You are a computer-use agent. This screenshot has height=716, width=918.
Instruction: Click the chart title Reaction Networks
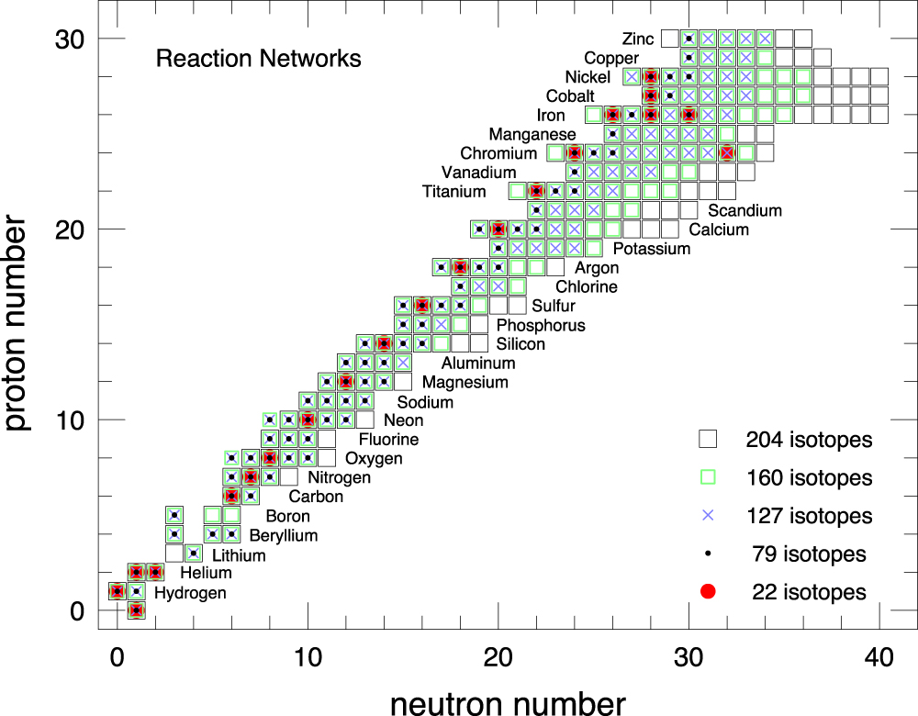[x=258, y=59]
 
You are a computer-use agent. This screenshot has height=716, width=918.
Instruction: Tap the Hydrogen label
[x=189, y=593]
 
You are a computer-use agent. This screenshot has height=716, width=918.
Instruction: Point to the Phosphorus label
[x=540, y=325]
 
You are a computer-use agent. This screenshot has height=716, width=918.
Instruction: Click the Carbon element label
[x=316, y=497]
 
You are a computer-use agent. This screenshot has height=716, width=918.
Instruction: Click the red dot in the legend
[x=707, y=592]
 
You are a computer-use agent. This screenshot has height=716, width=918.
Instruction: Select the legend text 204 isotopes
[x=809, y=440]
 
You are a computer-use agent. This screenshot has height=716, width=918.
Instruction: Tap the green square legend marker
[x=707, y=477]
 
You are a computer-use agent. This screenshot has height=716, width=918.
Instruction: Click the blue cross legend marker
[x=707, y=516]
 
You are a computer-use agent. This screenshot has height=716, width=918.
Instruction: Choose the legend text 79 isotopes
[x=809, y=554]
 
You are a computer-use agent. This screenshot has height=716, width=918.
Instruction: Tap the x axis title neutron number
[x=508, y=702]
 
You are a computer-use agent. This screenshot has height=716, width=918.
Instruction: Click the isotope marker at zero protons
[x=136, y=610]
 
